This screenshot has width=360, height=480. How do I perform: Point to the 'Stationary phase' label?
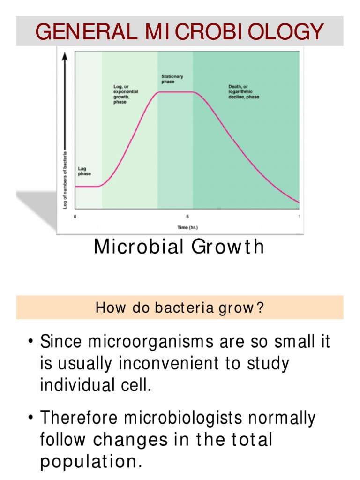pyautogui.click(x=172, y=79)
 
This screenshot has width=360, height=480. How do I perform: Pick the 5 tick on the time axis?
pyautogui.click(x=187, y=217)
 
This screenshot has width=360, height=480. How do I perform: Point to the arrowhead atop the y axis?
pyautogui.click(x=66, y=55)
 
